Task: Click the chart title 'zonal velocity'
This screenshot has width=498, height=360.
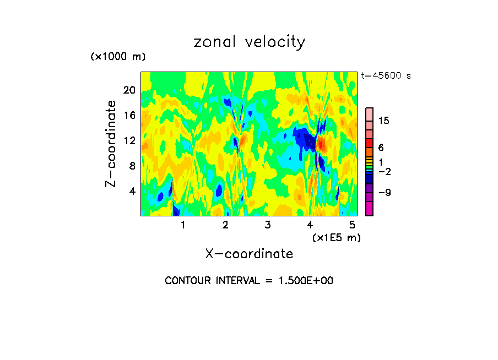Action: click(x=249, y=42)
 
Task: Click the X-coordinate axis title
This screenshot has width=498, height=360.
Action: click(x=249, y=254)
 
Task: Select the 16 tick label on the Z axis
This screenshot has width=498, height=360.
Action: click(x=128, y=115)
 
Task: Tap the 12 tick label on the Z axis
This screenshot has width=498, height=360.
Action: click(x=128, y=140)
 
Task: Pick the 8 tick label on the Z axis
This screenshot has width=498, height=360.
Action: click(x=132, y=166)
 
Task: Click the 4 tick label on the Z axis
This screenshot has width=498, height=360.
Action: click(x=132, y=191)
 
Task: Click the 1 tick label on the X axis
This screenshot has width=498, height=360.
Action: click(x=183, y=225)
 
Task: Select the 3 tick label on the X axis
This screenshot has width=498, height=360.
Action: click(x=267, y=225)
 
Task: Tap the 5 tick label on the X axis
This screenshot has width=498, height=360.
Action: click(x=352, y=225)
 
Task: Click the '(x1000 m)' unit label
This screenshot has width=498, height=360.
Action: click(x=117, y=57)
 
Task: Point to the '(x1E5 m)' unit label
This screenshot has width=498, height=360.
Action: click(x=336, y=237)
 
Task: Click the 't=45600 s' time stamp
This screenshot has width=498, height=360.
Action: click(x=386, y=76)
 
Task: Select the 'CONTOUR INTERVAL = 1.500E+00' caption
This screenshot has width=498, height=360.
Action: click(x=249, y=281)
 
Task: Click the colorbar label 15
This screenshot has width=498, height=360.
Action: click(x=383, y=121)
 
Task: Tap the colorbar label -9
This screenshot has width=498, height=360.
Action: click(x=383, y=193)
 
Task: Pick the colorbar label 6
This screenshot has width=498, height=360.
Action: click(x=381, y=148)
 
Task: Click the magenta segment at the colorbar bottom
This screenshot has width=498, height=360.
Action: click(x=369, y=209)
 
